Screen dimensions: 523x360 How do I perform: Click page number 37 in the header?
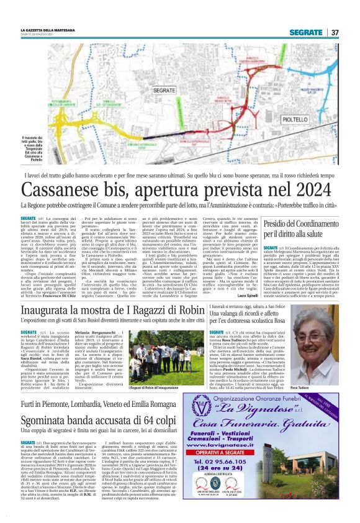point(335,32)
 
